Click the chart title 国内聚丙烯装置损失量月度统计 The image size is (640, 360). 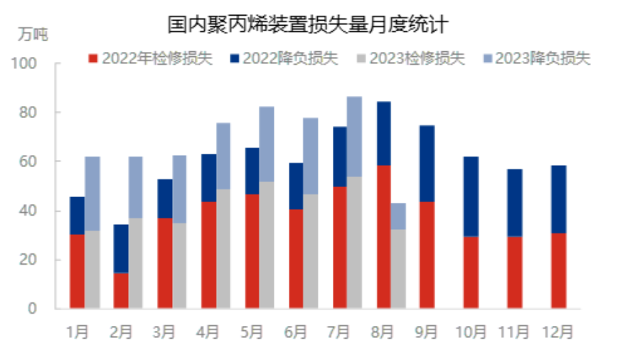click(x=307, y=25)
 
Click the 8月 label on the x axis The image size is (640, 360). click(x=383, y=332)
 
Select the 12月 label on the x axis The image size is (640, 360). click(x=558, y=332)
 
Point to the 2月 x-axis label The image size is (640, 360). click(x=121, y=332)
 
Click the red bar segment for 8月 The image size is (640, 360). click(x=384, y=237)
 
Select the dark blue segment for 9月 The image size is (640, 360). click(x=427, y=164)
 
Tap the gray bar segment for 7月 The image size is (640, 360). click(x=354, y=243)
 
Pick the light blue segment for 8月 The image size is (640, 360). click(x=398, y=216)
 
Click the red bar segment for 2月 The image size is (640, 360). click(x=121, y=290)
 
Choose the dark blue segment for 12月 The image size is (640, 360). click(x=559, y=199)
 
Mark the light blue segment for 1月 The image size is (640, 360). click(x=92, y=194)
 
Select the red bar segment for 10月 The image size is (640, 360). click(x=471, y=272)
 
